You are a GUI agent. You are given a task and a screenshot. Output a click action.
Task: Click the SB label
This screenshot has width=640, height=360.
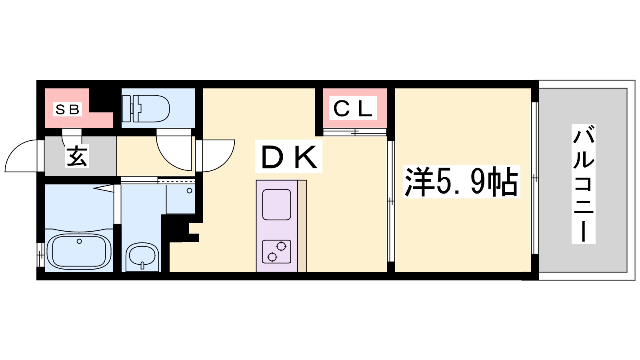pos(68,109)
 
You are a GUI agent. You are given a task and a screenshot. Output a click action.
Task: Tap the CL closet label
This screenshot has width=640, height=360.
pos(353,108)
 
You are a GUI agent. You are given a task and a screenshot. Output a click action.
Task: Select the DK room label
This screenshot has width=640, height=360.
pos(288,156)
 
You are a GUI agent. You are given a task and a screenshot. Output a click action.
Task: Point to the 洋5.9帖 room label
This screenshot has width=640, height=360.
pos(461,182)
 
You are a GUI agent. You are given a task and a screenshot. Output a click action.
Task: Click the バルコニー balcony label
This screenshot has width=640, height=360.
pos(584,184)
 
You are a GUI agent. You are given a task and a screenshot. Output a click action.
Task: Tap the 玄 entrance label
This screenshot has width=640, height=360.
pos(76,156)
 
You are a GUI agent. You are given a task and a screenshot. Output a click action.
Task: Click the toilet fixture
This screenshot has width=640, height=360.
pos(146,108)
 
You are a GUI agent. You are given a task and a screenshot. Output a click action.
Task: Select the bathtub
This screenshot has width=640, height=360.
pos(79,252)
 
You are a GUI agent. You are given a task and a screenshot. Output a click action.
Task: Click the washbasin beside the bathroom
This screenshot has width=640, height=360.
pos(142,256)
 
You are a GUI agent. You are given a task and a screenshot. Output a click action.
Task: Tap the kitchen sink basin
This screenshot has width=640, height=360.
pos(276,204)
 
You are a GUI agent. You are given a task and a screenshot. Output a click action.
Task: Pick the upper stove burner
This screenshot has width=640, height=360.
pos(282,246)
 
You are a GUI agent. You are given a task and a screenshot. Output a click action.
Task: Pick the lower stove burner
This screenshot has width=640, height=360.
pos(272,257)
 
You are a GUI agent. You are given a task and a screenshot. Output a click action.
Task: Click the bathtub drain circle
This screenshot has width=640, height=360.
pos(79,242)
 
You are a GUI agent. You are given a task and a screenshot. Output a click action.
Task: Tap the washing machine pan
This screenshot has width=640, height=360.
pos(180,199)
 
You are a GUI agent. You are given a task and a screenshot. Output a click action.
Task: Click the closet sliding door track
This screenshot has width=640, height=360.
pos(354,132)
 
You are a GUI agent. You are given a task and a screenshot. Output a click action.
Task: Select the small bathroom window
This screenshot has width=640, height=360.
pos(40,254)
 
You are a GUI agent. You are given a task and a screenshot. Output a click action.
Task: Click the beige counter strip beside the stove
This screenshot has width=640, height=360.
pos(302,226)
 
